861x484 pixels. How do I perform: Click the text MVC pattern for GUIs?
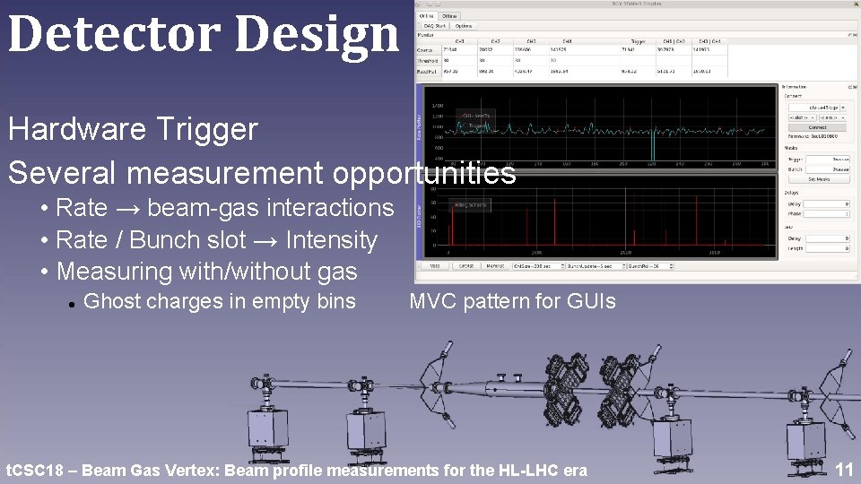click(512, 301)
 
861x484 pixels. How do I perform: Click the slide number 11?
click(843, 469)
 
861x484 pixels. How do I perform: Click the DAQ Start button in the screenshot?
click(434, 25)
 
